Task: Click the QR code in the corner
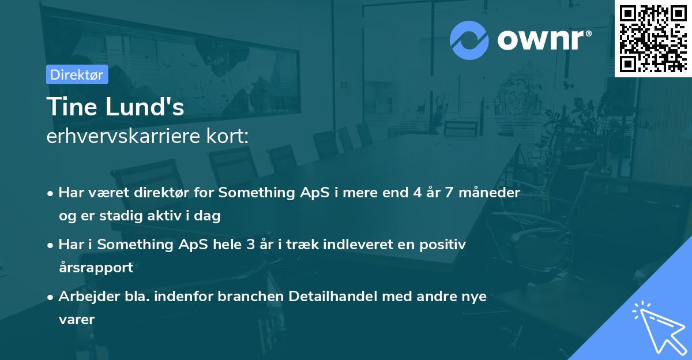(x=653, y=38)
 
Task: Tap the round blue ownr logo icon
(x=469, y=40)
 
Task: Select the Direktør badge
(x=77, y=74)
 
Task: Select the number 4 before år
(x=415, y=192)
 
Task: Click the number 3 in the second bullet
(x=250, y=244)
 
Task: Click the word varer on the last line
(x=76, y=319)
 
